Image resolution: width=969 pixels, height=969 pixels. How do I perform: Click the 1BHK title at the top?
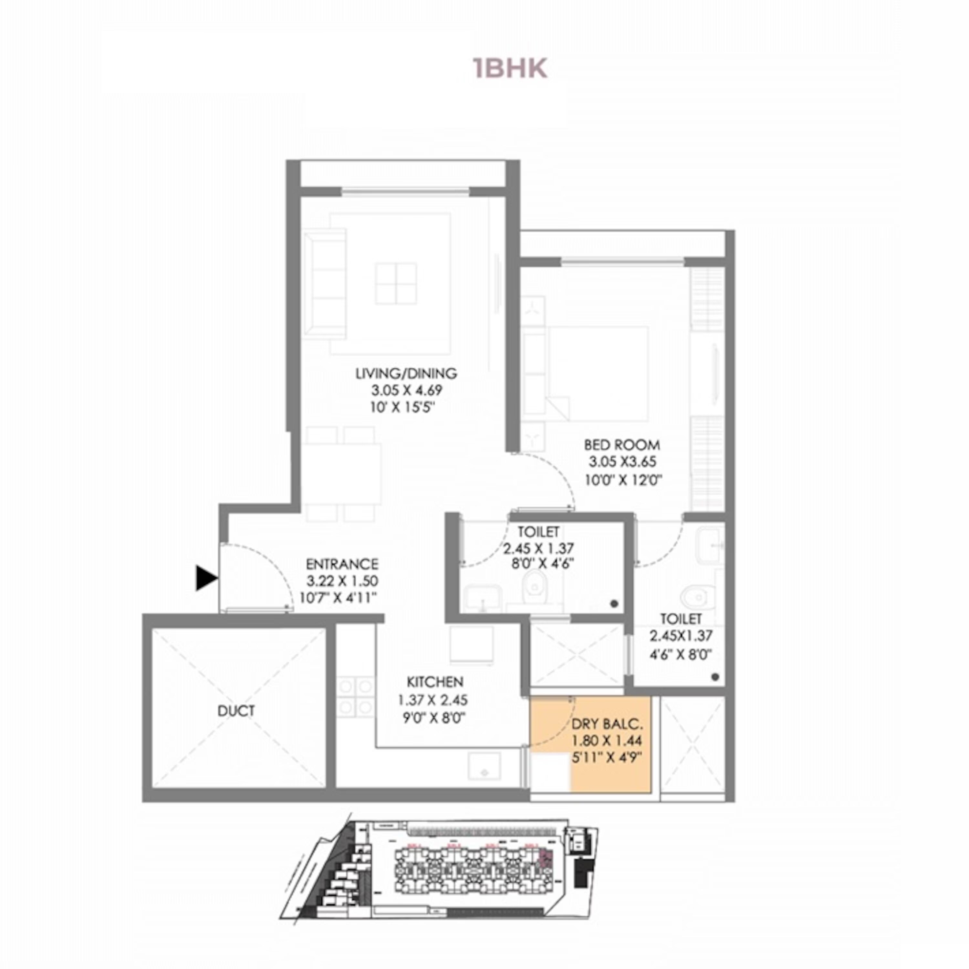click(x=510, y=69)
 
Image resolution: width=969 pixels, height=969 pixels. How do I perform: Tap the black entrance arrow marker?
click(x=206, y=578)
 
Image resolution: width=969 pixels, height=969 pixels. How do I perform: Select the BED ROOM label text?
click(x=622, y=445)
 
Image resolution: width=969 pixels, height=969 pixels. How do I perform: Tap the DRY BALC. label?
click(x=607, y=724)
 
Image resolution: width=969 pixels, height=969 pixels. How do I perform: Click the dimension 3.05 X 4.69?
click(x=407, y=390)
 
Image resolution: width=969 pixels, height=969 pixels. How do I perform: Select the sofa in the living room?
click(x=325, y=284)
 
